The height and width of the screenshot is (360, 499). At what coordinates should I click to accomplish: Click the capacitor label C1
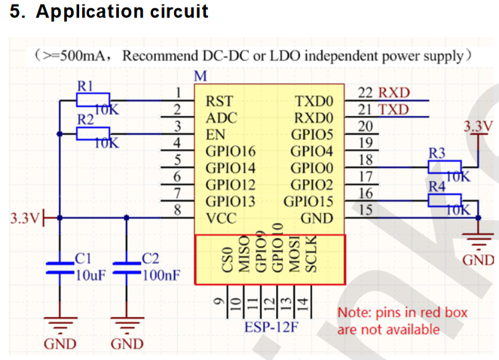coord(84,259)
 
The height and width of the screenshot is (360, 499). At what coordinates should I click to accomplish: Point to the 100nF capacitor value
coord(161,274)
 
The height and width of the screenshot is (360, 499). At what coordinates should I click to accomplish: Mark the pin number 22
coord(365,93)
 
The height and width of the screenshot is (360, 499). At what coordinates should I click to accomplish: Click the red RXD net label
coord(394,93)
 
